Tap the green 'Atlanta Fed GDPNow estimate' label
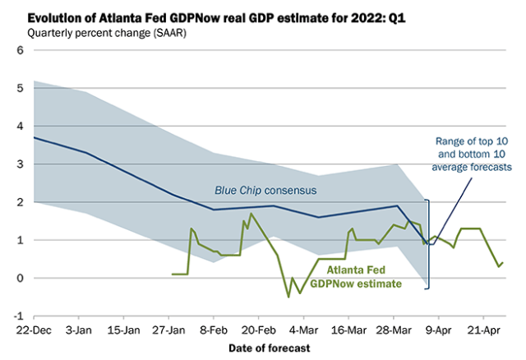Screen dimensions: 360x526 click(367, 276)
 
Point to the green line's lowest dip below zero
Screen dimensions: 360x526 click(288, 297)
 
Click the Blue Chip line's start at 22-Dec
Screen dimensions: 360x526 click(34, 137)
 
